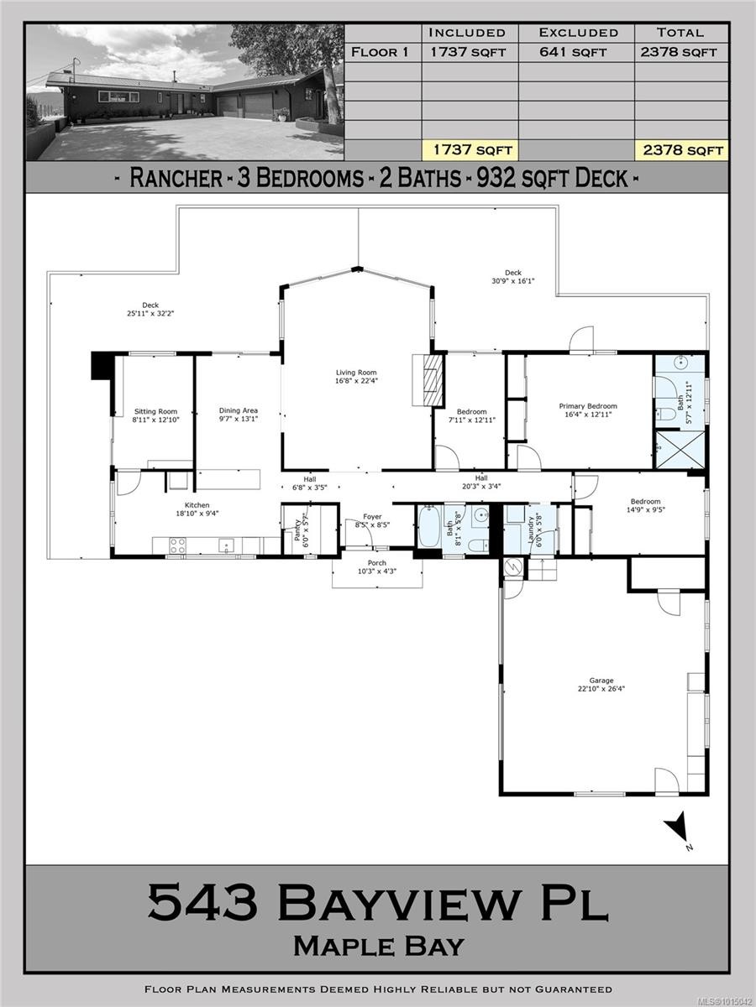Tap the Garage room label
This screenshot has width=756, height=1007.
[601, 681]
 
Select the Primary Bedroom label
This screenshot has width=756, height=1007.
[588, 406]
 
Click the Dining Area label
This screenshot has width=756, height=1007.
[239, 410]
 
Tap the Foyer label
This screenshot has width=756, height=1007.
[372, 517]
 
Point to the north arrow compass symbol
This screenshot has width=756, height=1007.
[678, 828]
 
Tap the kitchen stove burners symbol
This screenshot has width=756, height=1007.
[177, 545]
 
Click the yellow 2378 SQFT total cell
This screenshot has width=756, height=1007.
[680, 150]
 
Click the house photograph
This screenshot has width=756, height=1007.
[185, 92]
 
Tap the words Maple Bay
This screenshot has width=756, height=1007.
[378, 946]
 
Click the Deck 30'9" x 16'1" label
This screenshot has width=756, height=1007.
[512, 277]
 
